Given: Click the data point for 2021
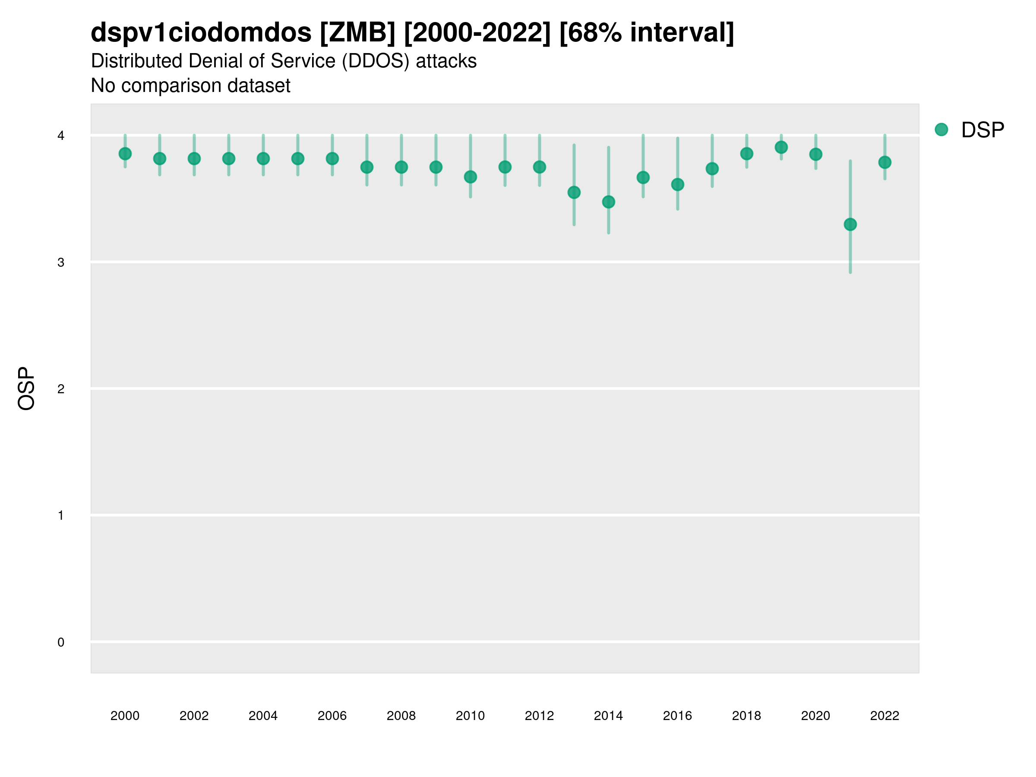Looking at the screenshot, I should click(850, 225).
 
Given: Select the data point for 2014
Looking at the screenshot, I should click(608, 202).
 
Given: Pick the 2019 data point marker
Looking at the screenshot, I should click(781, 148).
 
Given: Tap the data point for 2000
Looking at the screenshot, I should click(125, 154).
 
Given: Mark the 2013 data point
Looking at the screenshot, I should click(574, 193).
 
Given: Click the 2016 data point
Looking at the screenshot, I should click(678, 184).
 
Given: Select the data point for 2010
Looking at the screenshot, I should click(470, 177).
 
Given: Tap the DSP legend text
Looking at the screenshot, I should click(982, 130).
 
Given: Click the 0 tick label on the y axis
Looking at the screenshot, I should click(61, 643).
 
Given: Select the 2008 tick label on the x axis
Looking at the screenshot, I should click(401, 716).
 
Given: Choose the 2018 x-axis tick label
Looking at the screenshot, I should click(746, 716).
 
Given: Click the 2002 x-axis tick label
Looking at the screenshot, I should click(194, 716).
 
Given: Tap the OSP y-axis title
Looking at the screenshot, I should click(27, 388).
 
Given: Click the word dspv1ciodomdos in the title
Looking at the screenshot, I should click(201, 33).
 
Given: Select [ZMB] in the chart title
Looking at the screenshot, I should click(358, 33).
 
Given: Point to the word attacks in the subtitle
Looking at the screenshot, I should click(446, 61).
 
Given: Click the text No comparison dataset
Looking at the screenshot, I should click(191, 86).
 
